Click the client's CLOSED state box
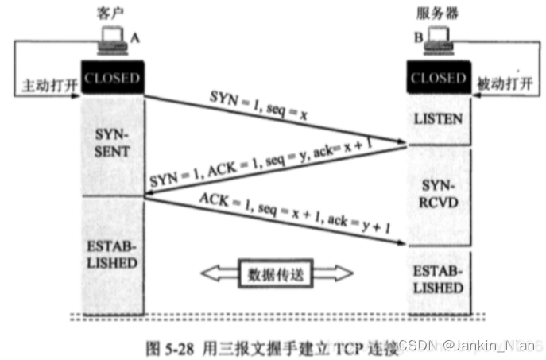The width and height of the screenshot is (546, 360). click(112, 79)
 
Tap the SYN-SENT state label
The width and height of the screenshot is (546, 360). click(112, 142)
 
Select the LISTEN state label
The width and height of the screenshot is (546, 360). click(438, 118)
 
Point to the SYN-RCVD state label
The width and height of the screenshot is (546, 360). click(438, 194)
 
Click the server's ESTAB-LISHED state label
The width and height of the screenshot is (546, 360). click(438, 278)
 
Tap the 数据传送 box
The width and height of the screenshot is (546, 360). click(274, 273)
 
